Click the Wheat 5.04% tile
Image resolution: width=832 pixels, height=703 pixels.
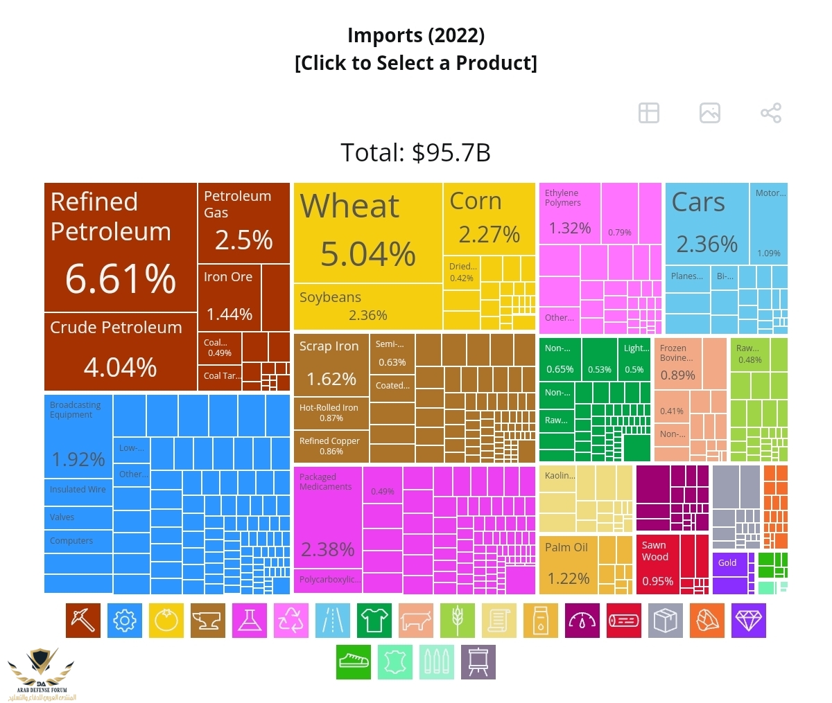click(367, 232)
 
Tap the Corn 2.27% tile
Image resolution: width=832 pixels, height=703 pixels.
click(489, 219)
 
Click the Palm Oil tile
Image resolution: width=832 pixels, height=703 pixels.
click(568, 564)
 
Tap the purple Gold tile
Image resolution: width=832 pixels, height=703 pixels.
click(729, 572)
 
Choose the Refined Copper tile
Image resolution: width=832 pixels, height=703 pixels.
click(331, 445)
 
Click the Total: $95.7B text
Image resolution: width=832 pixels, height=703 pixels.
click(415, 152)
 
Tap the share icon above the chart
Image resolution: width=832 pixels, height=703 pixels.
click(770, 113)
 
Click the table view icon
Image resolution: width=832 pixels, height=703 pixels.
click(649, 113)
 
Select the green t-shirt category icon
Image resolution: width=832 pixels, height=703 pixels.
click(374, 620)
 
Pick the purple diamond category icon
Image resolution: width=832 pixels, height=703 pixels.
click(749, 620)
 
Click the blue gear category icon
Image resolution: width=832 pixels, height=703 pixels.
click(125, 620)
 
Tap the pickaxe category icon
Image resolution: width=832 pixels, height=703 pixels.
click(83, 620)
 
